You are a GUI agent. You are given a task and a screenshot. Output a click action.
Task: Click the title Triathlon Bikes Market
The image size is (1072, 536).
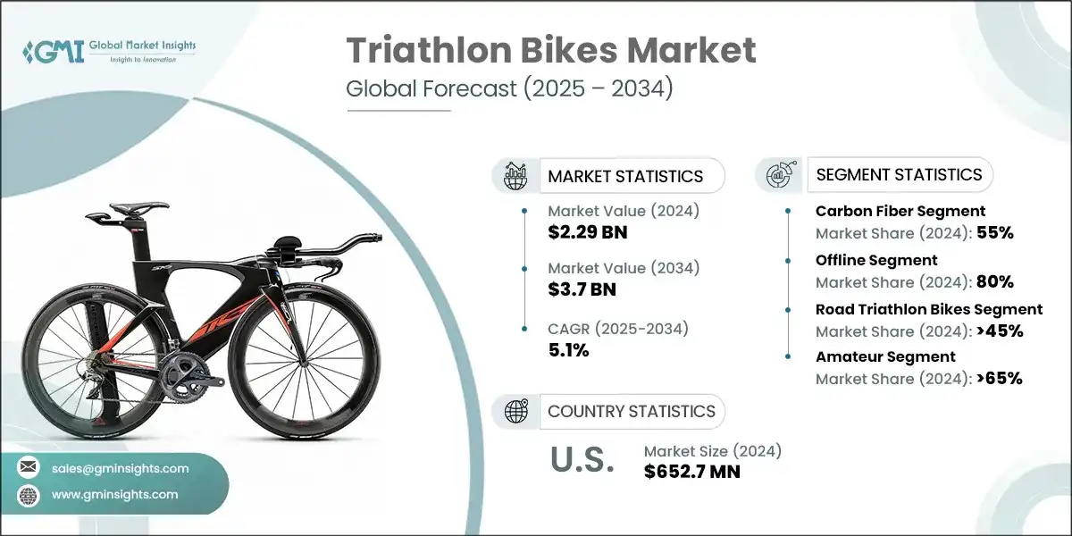pos(551,51)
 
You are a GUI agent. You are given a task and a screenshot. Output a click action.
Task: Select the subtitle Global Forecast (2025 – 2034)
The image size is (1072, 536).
pos(508,90)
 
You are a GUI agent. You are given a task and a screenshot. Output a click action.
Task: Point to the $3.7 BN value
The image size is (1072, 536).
pos(582,289)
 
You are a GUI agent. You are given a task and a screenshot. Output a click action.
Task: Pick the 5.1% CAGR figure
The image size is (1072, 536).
pos(568,350)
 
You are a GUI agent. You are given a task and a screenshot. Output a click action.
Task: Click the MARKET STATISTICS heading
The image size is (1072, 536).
pos(625,176)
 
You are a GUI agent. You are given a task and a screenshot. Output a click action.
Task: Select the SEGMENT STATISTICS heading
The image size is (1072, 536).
pos(900,174)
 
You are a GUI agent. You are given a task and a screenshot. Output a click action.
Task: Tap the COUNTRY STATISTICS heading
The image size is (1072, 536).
pos(632,411)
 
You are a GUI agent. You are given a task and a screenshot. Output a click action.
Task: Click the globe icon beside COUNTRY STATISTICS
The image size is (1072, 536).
pos(515,411)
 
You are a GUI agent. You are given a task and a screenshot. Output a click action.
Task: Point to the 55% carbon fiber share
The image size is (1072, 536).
pos(995,233)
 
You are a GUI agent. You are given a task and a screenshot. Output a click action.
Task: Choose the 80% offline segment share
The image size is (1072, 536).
pos(995,281)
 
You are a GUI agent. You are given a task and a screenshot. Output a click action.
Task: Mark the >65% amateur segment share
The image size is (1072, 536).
pos(1000,378)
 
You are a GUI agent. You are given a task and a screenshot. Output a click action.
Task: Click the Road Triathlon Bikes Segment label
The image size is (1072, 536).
pos(929,309)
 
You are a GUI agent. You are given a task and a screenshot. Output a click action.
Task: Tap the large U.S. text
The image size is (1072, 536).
pos(581,461)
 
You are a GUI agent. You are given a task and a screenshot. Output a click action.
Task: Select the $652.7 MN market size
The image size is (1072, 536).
pos(692,471)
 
